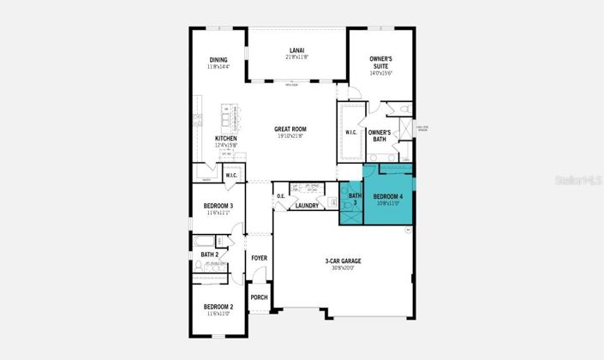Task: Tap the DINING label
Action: tap(218, 60)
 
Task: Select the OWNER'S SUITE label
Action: tap(381, 62)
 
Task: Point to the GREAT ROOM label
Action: tap(290, 129)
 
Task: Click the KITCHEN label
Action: tap(226, 139)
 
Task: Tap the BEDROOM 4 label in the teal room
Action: tap(388, 199)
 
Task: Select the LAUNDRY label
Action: tap(307, 206)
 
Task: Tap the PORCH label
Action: tap(259, 297)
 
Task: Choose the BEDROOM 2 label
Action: tap(218, 307)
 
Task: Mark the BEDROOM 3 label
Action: tap(218, 206)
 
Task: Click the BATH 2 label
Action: tap(210, 255)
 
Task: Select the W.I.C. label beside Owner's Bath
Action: tap(350, 132)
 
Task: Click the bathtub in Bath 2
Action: tap(204, 240)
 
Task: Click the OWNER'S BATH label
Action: tap(380, 135)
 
